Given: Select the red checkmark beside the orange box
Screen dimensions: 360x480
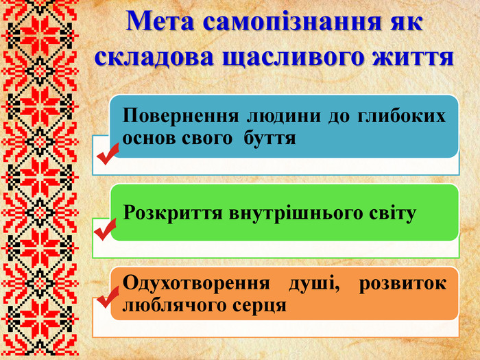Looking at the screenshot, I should [x=108, y=298].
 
